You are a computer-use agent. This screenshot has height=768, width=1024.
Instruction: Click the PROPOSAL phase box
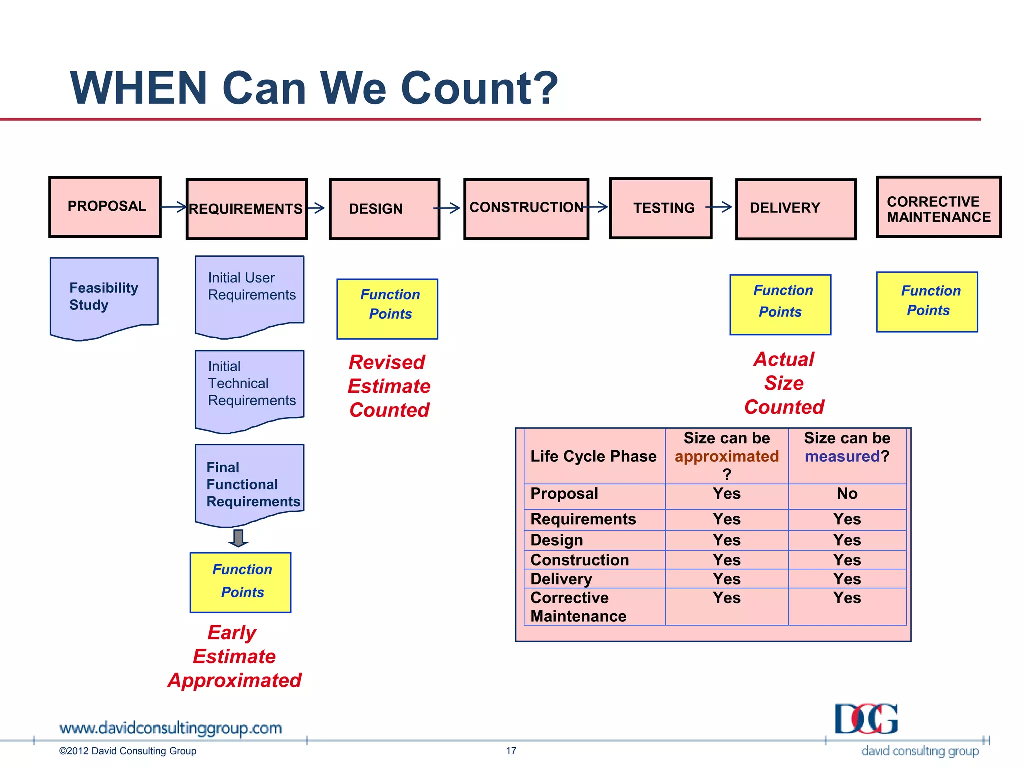105,207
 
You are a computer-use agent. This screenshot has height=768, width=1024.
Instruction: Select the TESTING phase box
661,208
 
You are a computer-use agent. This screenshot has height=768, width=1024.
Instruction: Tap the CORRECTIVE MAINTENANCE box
939,207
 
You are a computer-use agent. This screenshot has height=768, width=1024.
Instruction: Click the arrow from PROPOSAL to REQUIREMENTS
174,206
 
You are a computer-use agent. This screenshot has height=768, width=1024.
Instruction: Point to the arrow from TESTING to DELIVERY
719,206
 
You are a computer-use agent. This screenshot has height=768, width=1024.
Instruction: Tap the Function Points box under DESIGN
387,309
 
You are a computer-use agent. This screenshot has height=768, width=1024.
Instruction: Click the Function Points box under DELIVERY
780,305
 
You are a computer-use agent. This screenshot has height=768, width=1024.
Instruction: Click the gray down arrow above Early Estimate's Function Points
238,538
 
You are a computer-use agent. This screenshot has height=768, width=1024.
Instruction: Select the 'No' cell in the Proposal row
847,494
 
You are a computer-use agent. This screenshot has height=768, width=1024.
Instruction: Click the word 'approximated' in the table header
726,456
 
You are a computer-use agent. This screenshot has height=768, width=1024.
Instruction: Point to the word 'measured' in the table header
842,456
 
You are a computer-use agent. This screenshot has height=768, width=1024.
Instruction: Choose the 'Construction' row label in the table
579,560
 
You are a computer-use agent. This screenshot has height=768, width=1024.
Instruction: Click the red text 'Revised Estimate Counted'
389,386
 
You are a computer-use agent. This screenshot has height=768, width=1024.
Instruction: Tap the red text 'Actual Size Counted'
784,383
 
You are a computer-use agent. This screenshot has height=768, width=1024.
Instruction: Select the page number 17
511,750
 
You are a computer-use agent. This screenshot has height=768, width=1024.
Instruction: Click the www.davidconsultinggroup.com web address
170,728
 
